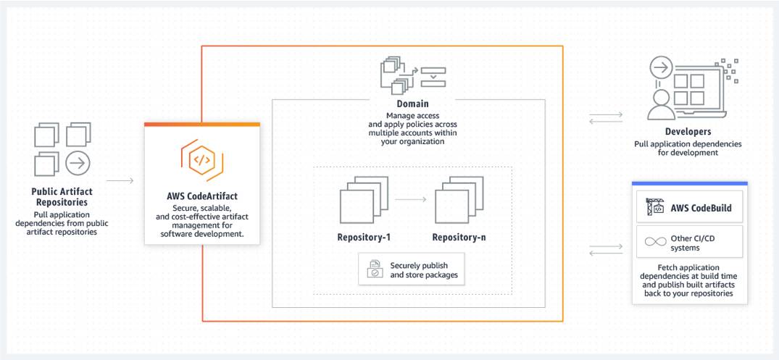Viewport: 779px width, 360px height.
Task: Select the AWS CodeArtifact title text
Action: tap(201, 196)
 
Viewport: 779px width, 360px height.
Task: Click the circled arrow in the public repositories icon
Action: tap(78, 163)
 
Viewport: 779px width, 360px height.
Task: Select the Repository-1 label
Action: tap(364, 237)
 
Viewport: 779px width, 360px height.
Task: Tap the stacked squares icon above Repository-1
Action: tap(363, 203)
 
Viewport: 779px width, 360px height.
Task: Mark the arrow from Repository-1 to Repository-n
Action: tap(411, 198)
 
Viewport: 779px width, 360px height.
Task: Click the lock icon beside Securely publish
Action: tap(375, 269)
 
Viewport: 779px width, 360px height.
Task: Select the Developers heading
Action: tap(688, 132)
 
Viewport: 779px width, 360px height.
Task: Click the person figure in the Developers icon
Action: tap(661, 102)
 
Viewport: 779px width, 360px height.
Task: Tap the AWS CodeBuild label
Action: tap(700, 209)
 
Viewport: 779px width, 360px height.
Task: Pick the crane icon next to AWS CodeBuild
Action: tap(655, 208)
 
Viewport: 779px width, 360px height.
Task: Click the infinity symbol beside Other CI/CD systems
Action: tap(655, 243)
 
